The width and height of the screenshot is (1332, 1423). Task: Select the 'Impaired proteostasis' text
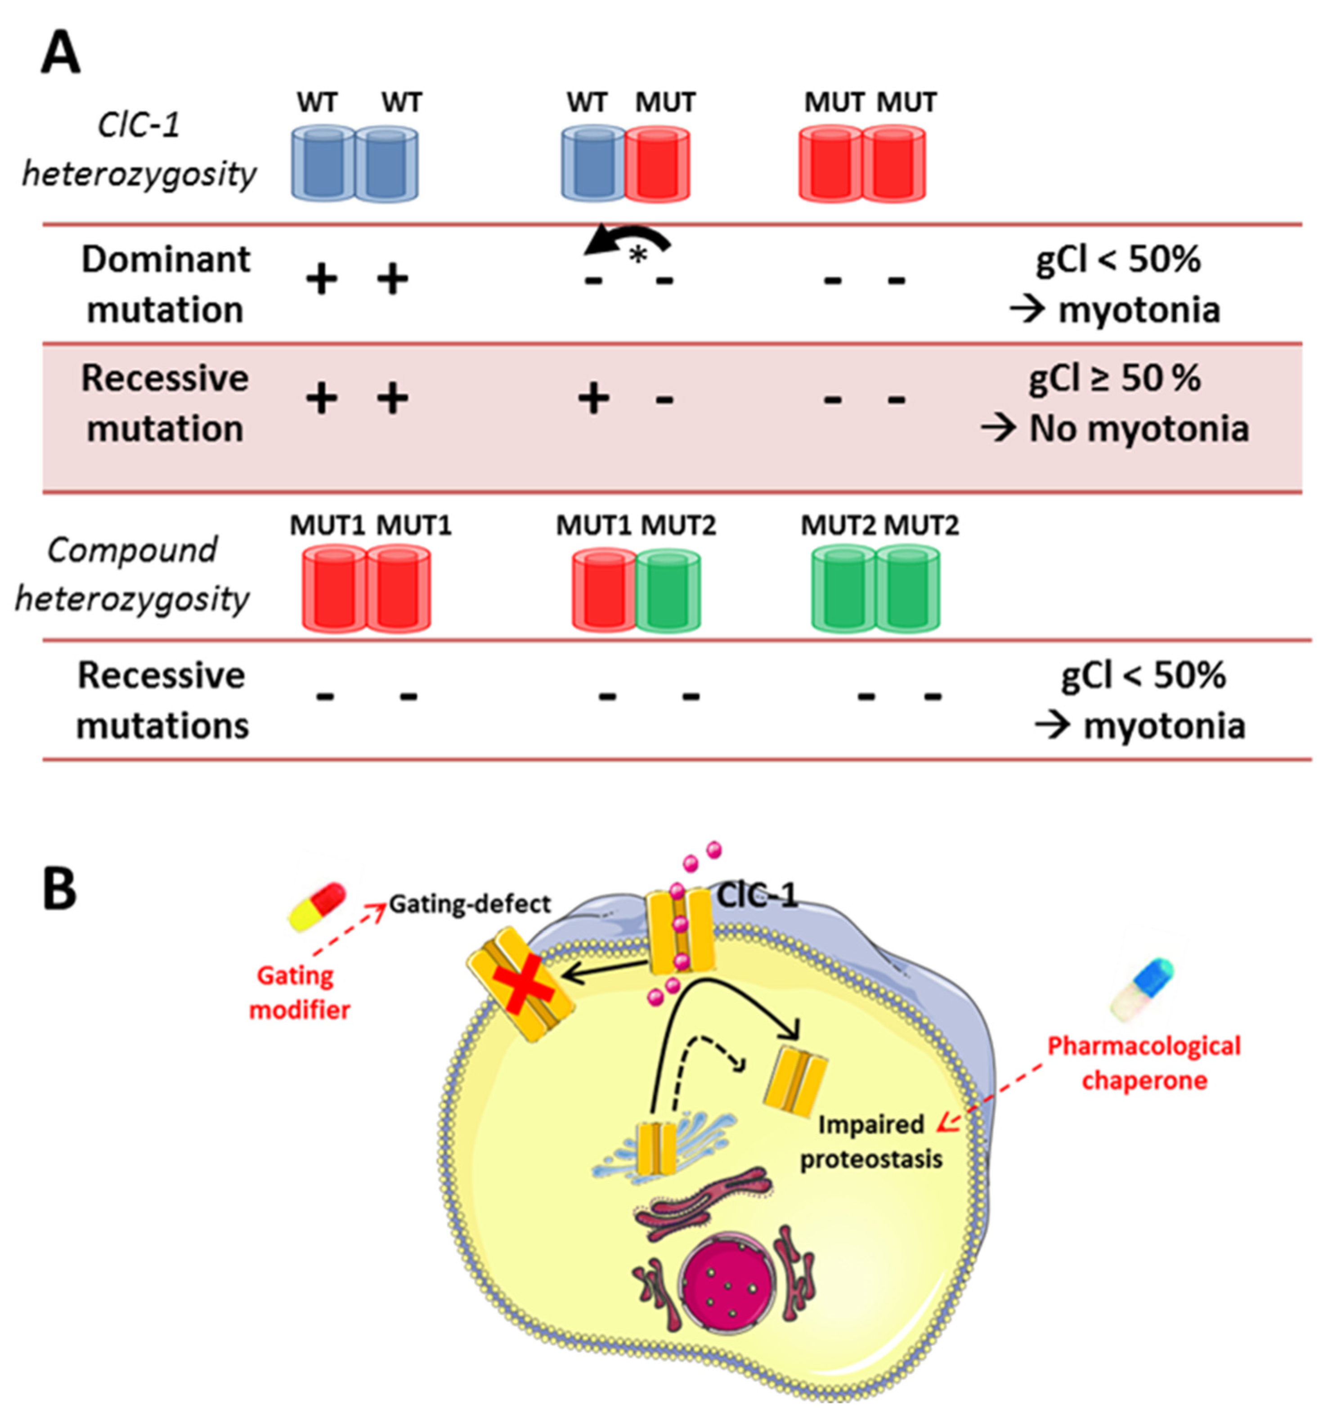coord(871,1142)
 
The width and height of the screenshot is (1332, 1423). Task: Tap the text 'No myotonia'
coord(1138,429)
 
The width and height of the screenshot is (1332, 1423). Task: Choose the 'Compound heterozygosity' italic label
coord(132,574)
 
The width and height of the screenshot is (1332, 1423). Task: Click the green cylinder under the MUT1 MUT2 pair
coord(668,591)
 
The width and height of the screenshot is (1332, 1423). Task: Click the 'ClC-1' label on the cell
coord(757,895)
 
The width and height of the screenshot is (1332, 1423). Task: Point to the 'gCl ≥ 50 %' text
coord(1114,378)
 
